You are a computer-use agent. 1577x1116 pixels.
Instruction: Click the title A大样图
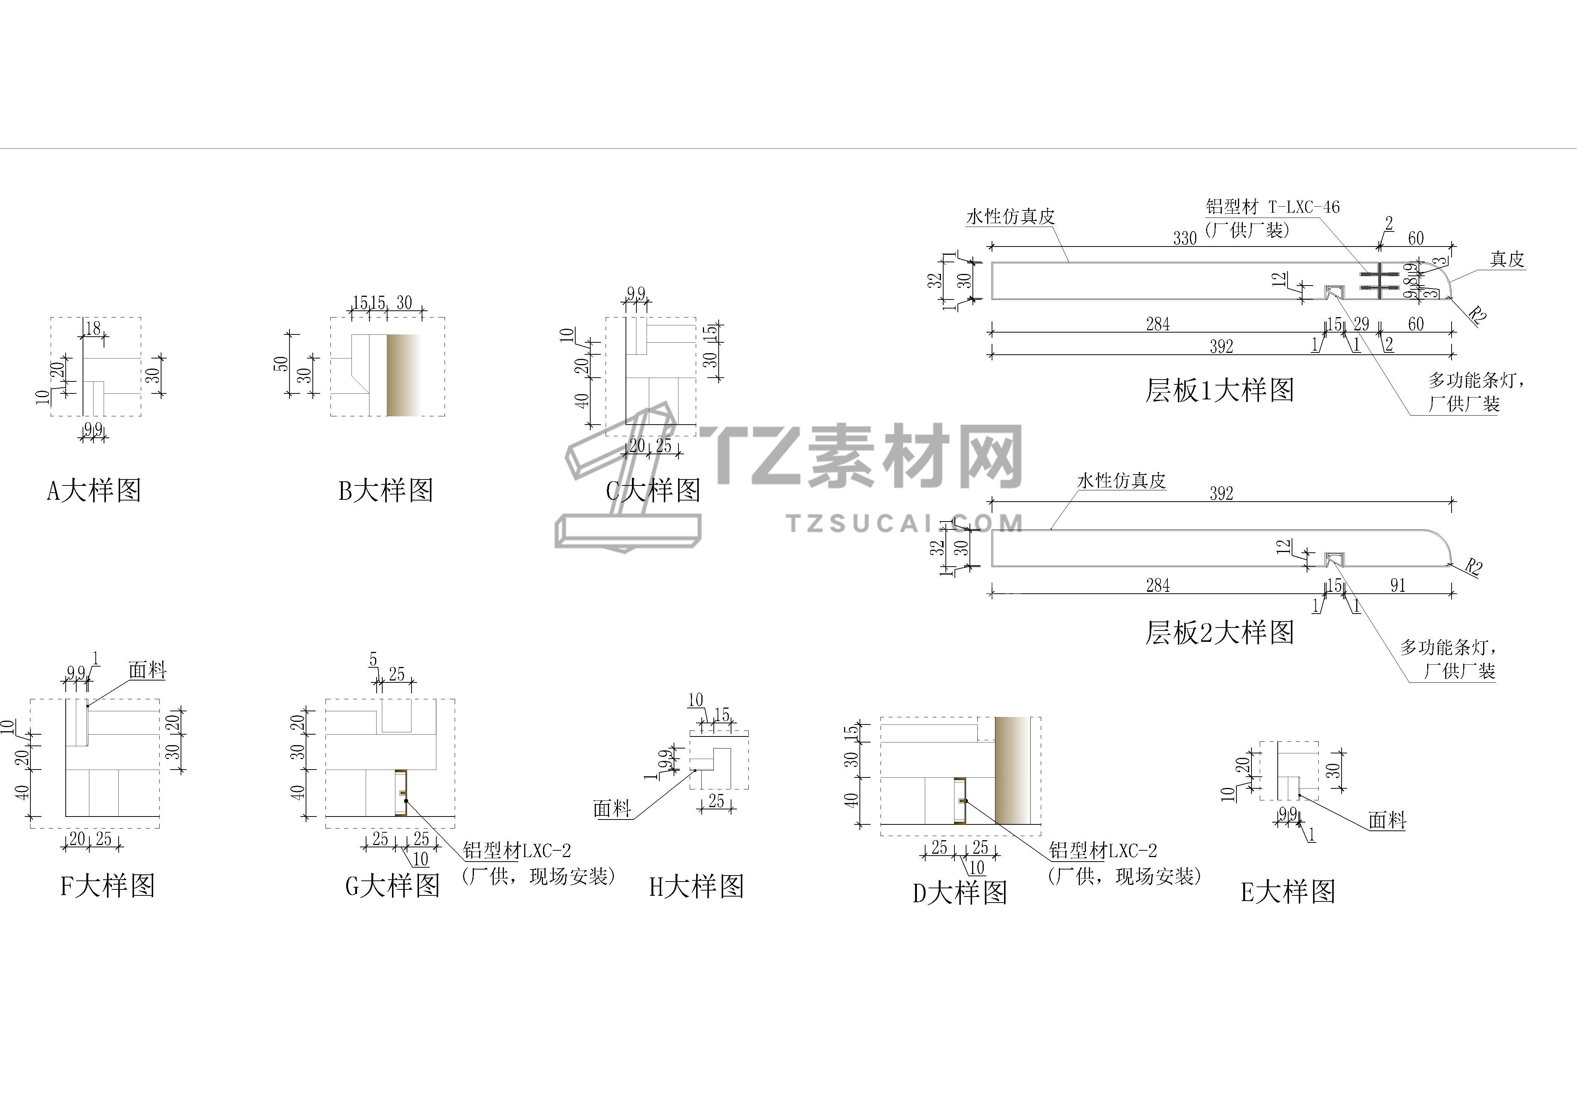[94, 491]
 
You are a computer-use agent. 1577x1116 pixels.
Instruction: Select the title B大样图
[386, 491]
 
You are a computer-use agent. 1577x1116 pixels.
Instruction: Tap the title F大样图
[108, 886]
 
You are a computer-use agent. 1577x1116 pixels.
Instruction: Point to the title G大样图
[393, 886]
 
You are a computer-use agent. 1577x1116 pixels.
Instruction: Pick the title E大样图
[1288, 892]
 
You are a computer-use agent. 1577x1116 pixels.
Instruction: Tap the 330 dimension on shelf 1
[1185, 239]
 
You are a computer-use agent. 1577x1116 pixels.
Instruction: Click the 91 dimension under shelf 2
[1398, 585]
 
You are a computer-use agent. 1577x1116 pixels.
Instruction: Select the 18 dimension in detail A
[93, 328]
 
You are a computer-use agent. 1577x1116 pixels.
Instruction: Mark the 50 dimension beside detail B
[281, 363]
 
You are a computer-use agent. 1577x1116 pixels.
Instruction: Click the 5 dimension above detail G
[373, 660]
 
